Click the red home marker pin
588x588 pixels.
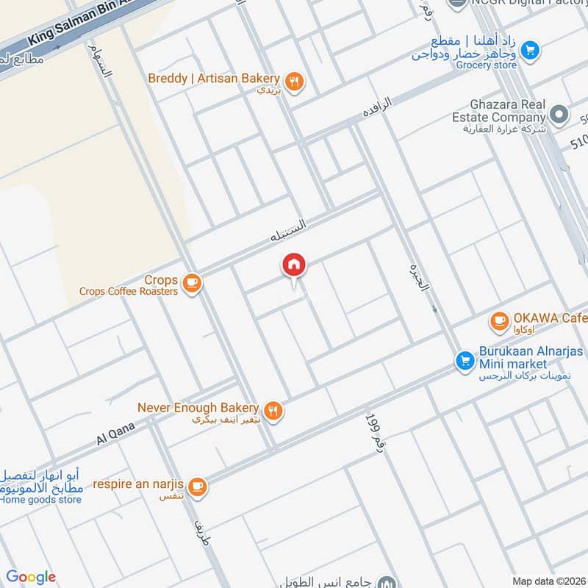(x=294, y=265)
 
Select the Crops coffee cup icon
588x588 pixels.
(x=192, y=282)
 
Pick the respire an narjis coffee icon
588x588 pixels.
(x=196, y=486)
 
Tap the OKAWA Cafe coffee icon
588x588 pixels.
(x=499, y=320)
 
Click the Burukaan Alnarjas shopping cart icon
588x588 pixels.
(x=464, y=360)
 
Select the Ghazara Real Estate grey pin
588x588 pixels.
(x=559, y=114)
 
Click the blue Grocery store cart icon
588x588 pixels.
(x=528, y=51)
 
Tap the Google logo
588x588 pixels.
(x=31, y=577)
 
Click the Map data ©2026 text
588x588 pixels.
(x=547, y=581)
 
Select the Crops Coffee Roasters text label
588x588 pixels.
(x=129, y=291)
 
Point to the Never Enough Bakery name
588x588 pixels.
(x=198, y=407)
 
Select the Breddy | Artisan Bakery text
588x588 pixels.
(x=214, y=78)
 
